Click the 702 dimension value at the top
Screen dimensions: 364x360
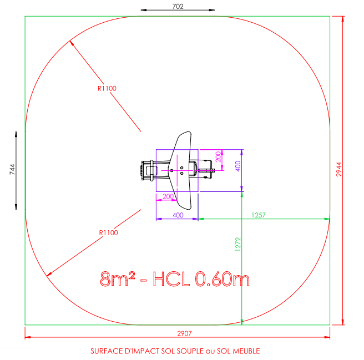coord(178,6)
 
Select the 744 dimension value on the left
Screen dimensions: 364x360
coord(12,169)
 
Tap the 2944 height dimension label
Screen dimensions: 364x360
coord(339,169)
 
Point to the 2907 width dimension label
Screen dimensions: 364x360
coord(184,333)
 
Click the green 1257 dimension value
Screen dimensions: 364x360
coord(259,215)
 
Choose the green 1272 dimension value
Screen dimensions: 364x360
coord(238,245)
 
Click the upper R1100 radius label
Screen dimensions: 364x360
coord(107,88)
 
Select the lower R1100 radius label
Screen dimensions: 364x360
coord(108,232)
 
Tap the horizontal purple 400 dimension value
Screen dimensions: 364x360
coord(178,215)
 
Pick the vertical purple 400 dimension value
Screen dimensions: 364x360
coord(238,166)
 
